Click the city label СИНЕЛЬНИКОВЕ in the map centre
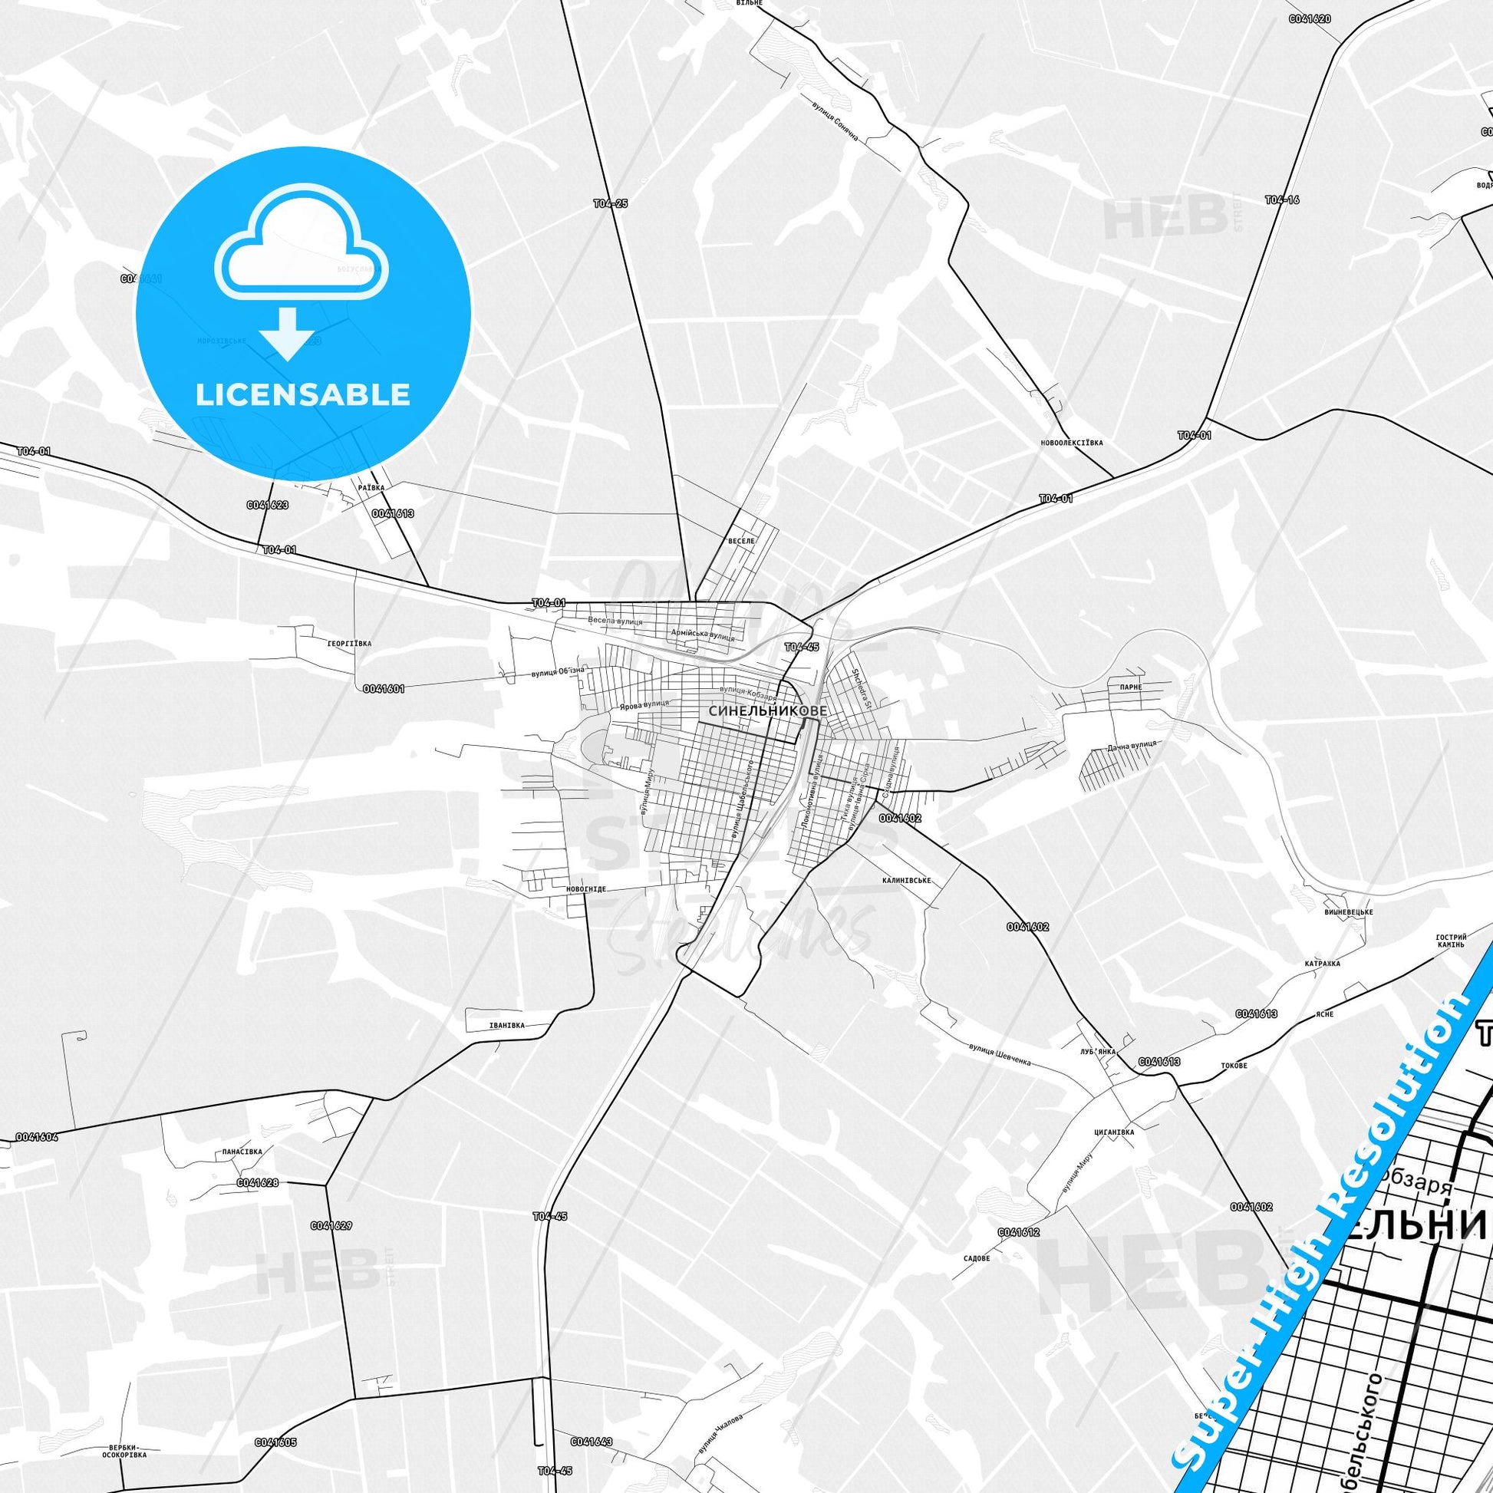coord(756,710)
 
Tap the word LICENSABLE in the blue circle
coord(302,394)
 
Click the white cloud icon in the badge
coord(302,244)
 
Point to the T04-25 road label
coord(611,204)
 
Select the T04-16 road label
coord(1282,200)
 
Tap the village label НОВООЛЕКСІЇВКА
coord(1071,443)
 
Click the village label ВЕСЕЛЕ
coord(741,541)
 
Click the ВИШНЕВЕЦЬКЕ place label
coord(1348,912)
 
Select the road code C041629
coord(331,1225)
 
